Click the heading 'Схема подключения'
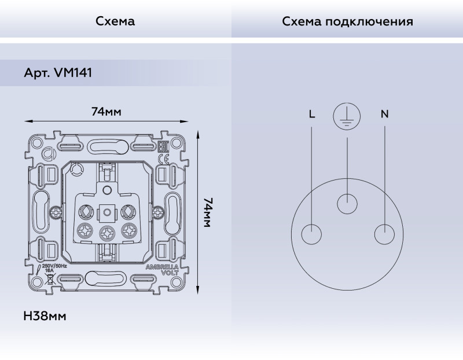point(347,22)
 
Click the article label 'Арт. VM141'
point(57,74)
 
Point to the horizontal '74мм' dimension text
point(106,111)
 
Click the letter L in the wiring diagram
point(312,114)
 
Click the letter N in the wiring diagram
point(384,114)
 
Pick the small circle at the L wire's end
point(312,235)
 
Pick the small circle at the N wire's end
point(384,235)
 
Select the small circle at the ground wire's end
point(347,204)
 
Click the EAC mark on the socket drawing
point(163,145)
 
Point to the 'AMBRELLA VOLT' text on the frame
point(157,270)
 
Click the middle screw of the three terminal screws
point(106,233)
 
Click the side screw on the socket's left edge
point(56,212)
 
